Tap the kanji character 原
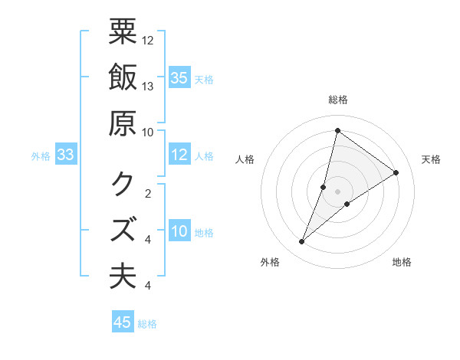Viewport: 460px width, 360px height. [x=123, y=123]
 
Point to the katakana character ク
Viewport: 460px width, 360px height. [x=123, y=184]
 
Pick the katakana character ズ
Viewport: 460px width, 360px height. [x=123, y=229]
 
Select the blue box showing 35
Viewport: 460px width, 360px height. [x=179, y=77]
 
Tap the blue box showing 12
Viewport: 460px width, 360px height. [x=179, y=155]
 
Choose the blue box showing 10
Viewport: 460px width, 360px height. [x=179, y=231]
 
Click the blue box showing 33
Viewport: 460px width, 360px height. [x=65, y=155]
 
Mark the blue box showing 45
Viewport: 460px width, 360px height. [x=123, y=322]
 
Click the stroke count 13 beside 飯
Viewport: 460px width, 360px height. [x=148, y=87]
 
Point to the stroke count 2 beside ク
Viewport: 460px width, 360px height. [x=148, y=193]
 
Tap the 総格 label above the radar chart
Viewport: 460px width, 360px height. [x=338, y=100]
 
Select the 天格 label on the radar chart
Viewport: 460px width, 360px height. [x=432, y=159]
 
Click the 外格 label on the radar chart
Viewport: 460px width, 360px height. [x=270, y=263]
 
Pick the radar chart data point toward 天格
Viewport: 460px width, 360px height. [x=396, y=172]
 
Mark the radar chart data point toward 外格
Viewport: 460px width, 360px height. [x=302, y=242]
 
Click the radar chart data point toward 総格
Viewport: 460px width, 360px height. [x=337, y=130]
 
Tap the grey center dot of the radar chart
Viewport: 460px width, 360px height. [x=338, y=191]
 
